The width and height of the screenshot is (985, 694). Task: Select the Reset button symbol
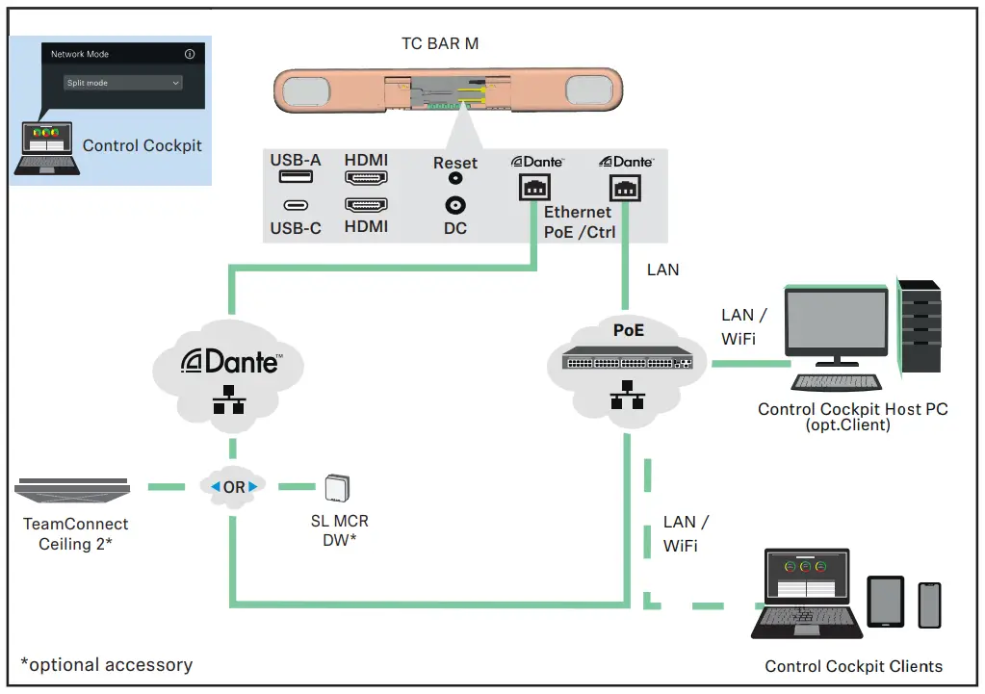(x=455, y=178)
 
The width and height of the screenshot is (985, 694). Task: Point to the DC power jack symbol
(x=455, y=205)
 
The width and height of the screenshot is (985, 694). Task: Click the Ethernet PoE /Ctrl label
(x=577, y=221)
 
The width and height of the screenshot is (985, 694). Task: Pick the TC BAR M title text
(x=440, y=43)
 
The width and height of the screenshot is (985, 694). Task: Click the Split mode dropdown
(x=123, y=83)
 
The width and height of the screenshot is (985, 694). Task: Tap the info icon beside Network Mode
(x=190, y=55)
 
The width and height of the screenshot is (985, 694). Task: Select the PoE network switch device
(x=626, y=360)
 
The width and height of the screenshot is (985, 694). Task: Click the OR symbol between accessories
(x=234, y=487)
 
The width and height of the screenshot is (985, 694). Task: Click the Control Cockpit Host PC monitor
(x=836, y=326)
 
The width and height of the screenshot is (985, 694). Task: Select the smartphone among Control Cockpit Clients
(x=929, y=604)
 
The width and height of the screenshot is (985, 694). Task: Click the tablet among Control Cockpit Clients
(x=886, y=603)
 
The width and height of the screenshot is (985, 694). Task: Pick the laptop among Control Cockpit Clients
(x=806, y=595)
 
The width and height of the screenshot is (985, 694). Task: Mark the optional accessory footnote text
(x=107, y=665)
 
